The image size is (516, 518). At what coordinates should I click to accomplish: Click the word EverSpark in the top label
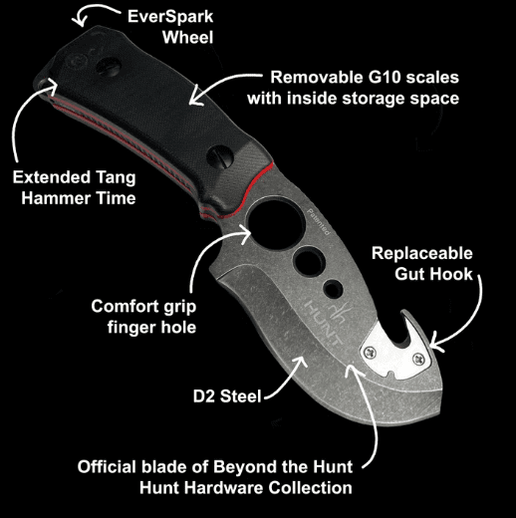coord(170,17)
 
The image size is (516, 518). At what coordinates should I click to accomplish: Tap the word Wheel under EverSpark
coord(187,37)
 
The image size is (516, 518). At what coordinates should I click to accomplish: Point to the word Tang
coord(116,177)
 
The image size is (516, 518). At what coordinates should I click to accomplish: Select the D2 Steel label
coord(227,396)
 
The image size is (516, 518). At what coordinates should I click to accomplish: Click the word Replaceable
coord(422,253)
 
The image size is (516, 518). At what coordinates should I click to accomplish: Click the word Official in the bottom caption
coord(108,467)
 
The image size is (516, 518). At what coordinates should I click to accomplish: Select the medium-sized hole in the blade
coord(309,260)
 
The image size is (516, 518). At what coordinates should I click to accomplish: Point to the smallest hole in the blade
coord(334,289)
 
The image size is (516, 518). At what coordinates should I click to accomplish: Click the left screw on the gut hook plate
coord(370,353)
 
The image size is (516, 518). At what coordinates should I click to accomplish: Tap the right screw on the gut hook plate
coord(418,359)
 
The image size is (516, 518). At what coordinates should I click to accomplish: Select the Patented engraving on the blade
coord(318,222)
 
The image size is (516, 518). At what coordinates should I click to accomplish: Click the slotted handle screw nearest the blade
coord(219,155)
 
